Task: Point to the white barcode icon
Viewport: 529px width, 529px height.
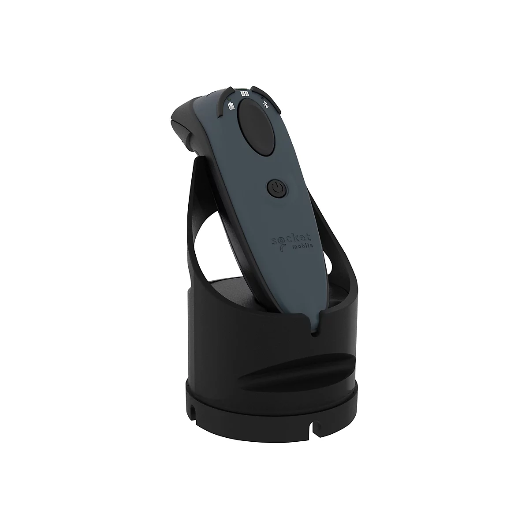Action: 244,93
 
